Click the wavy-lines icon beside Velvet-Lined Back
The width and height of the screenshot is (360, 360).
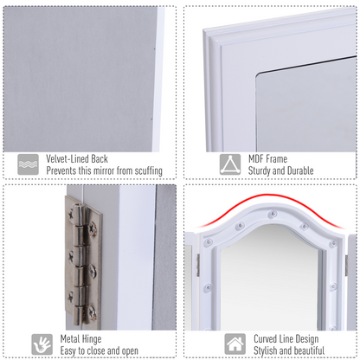click(28, 164)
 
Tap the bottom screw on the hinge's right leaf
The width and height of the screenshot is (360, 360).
click(92, 310)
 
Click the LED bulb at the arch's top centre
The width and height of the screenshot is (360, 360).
click(272, 211)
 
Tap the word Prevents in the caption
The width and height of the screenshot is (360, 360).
click(63, 171)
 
